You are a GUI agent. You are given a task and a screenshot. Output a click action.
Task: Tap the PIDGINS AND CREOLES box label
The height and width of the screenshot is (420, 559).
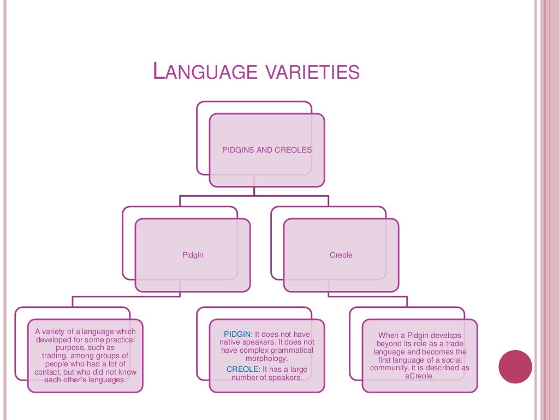click(x=267, y=150)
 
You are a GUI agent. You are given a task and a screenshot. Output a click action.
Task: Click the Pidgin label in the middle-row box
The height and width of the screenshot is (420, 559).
click(x=193, y=255)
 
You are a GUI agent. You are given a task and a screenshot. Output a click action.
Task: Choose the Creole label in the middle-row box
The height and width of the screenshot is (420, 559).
click(x=341, y=255)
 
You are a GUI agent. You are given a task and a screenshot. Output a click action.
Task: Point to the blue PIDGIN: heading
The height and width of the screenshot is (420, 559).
click(x=238, y=334)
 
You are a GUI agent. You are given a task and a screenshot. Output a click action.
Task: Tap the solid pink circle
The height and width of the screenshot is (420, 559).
click(x=515, y=367)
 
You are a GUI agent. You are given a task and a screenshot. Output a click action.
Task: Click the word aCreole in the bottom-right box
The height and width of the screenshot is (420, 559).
click(x=419, y=376)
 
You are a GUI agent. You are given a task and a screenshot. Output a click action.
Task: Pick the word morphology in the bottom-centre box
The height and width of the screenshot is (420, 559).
click(x=266, y=358)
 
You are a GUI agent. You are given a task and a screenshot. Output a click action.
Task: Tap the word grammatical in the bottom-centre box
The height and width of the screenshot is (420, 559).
click(x=292, y=350)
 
